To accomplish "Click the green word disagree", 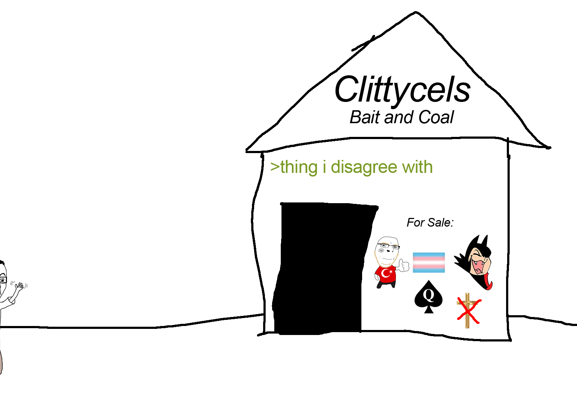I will (364, 168).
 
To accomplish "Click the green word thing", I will (299, 168).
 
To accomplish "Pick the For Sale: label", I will (430, 223).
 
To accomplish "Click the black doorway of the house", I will (320, 268).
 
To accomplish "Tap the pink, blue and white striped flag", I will (429, 263).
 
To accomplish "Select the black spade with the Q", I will (428, 298).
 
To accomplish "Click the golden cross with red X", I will (468, 311).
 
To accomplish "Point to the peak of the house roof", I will (416, 13).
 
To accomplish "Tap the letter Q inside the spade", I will (428, 295).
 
